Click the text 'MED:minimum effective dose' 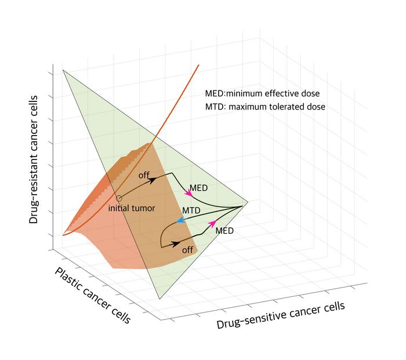[x=262, y=93]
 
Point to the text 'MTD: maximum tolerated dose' [x=265, y=107]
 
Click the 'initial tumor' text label [x=132, y=208]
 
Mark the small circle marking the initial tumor [x=119, y=198]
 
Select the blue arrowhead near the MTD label [x=181, y=220]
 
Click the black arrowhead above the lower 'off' [x=176, y=242]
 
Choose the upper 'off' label [x=144, y=174]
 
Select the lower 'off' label [x=187, y=250]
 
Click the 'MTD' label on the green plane [x=192, y=209]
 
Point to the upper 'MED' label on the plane [x=199, y=188]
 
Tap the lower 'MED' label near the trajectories [x=224, y=231]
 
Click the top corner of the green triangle [x=63, y=70]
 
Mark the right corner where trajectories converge [x=248, y=202]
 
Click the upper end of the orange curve [x=199, y=65]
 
